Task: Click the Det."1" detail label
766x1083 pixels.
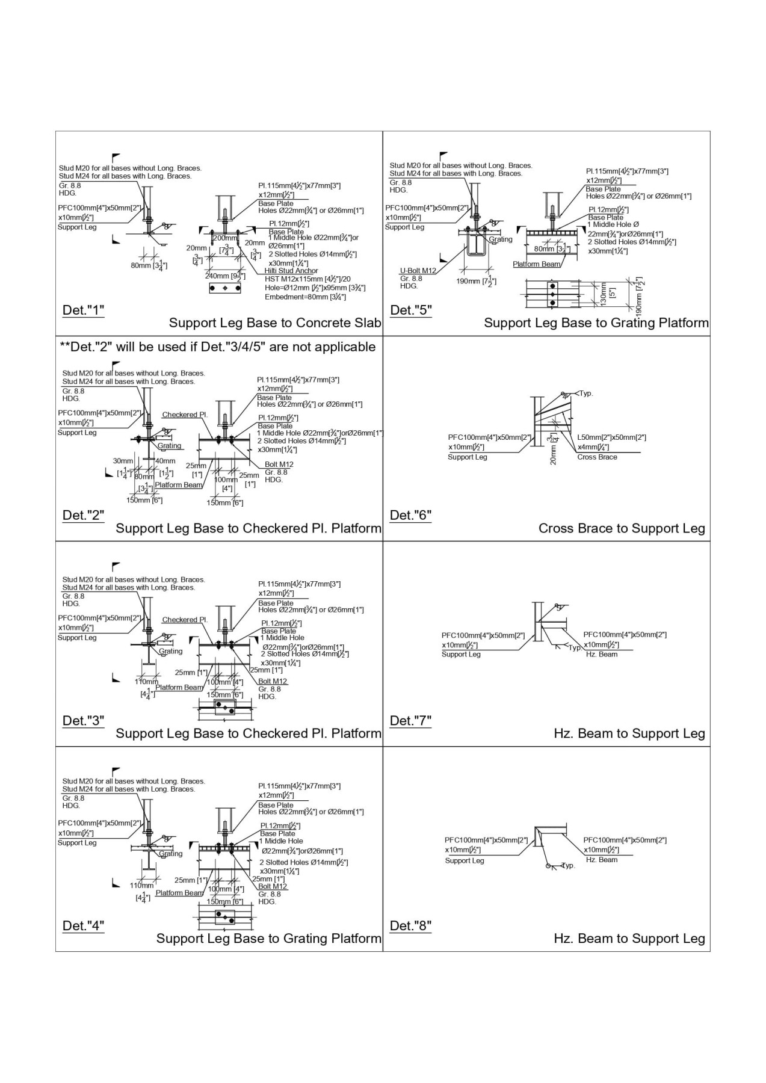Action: point(83,310)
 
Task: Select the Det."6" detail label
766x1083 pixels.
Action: point(410,516)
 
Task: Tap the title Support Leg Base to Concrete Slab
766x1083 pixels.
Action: point(275,323)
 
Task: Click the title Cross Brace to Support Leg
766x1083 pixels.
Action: point(622,529)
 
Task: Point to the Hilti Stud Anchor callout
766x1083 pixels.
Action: point(291,271)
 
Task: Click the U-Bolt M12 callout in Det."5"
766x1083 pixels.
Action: point(418,271)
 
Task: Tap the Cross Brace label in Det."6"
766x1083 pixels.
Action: point(597,457)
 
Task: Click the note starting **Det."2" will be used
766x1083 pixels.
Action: point(217,347)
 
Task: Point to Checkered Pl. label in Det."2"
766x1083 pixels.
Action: point(185,415)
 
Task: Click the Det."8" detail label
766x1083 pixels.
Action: point(410,926)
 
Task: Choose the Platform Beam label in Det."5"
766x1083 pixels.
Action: point(537,264)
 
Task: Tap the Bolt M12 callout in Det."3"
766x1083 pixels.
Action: point(273,682)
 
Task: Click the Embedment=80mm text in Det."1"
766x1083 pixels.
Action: point(305,297)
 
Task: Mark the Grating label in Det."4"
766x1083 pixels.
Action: point(170,854)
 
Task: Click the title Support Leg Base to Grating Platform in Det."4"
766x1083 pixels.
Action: point(268,939)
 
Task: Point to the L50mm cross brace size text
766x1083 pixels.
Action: point(611,438)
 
